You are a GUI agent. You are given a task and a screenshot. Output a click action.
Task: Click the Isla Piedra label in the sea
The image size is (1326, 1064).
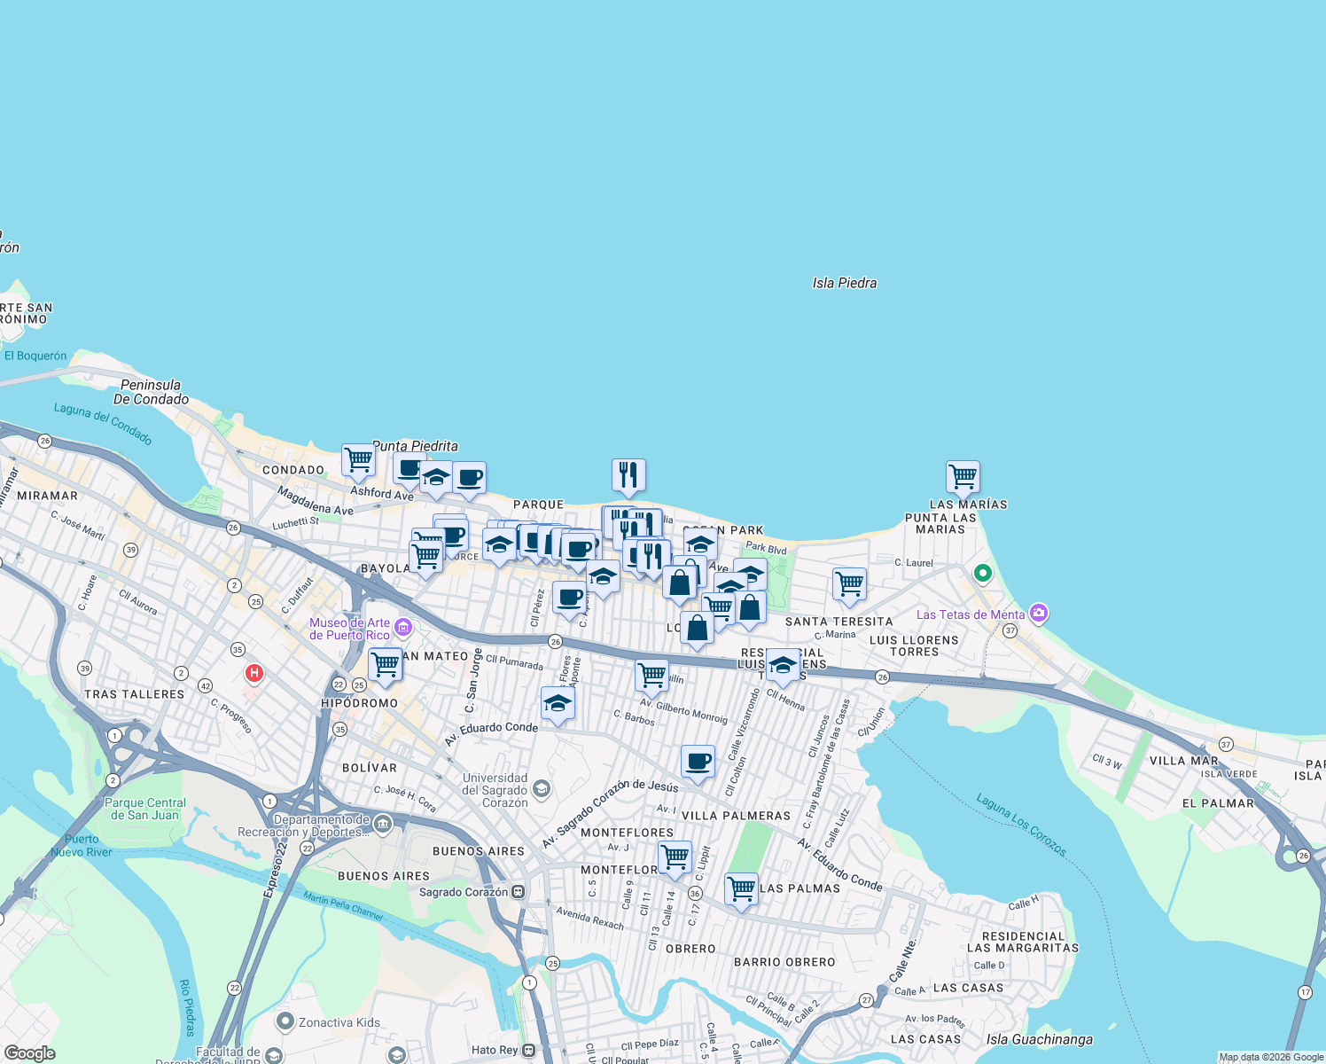tap(844, 283)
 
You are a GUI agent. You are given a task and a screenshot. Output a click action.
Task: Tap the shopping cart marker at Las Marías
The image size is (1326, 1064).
tap(963, 477)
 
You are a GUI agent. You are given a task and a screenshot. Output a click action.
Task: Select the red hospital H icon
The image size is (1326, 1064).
tap(254, 674)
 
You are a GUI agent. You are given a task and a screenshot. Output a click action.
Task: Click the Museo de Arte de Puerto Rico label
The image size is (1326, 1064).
tap(349, 629)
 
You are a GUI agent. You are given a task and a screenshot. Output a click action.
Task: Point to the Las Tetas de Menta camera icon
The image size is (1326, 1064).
tap(1039, 613)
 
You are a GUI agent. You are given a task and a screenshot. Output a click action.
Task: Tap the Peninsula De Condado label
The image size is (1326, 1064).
tap(151, 392)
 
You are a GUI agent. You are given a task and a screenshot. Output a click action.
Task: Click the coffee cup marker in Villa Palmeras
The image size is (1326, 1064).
tap(698, 762)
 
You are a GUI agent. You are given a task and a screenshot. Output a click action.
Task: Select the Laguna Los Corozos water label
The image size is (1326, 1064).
tap(1021, 825)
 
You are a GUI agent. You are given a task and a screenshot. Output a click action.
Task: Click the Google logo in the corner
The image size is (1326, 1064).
tap(29, 1053)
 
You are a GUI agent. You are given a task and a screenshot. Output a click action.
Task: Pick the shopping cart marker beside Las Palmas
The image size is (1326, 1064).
tap(741, 888)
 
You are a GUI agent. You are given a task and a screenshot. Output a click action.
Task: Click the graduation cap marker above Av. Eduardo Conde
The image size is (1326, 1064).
tap(558, 705)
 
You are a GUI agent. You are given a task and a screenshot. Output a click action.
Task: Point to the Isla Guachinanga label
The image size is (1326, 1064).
tap(1039, 1039)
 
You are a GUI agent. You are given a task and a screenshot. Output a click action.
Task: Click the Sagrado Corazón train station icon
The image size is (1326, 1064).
tap(519, 892)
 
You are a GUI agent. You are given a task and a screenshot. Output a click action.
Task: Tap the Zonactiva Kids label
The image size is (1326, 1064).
tap(339, 1022)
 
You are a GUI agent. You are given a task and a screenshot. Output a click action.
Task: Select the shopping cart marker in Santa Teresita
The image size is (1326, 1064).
tap(849, 584)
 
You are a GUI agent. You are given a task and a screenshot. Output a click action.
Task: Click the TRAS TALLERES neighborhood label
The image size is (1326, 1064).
tap(134, 694)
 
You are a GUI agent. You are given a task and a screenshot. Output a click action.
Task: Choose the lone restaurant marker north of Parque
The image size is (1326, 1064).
tap(628, 474)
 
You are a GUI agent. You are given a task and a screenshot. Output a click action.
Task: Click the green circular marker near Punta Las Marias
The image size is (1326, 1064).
tap(982, 574)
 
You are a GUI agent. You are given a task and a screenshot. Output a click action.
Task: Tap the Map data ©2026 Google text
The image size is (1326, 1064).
tap(1271, 1057)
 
